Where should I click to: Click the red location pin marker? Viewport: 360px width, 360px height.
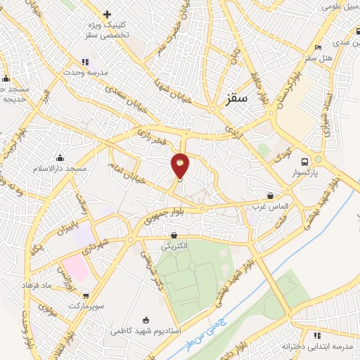click(x=181, y=165)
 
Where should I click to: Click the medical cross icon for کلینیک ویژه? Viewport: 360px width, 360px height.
click(x=107, y=14)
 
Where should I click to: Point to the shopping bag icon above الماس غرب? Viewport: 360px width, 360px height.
click(x=271, y=196)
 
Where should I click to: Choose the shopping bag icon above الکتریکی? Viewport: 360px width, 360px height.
click(x=174, y=235)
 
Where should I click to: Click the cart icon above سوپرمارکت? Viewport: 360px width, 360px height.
click(x=86, y=296)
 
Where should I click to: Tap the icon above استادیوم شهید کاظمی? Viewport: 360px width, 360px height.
click(x=146, y=320)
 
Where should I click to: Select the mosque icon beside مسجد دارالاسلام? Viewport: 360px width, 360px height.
click(x=60, y=157)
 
